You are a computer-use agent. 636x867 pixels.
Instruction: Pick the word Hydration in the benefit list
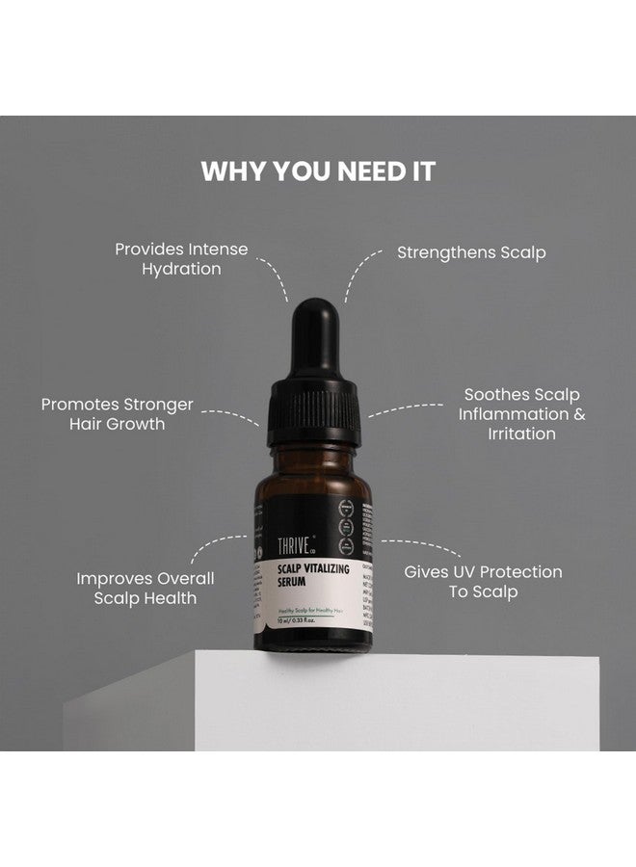(181, 269)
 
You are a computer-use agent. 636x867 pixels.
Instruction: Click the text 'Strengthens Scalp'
(471, 252)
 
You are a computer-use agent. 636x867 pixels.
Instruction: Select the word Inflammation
(514, 414)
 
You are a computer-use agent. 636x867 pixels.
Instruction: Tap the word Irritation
(520, 433)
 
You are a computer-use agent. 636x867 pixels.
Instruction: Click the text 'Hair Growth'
(117, 424)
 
